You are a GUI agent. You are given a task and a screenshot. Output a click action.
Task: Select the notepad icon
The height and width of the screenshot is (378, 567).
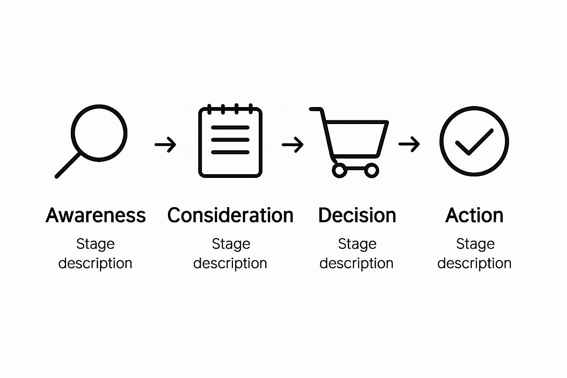(230, 142)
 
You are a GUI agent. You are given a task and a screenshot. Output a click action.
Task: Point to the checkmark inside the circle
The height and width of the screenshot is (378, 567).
(474, 142)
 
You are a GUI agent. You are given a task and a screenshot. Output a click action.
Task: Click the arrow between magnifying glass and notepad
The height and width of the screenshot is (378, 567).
(165, 144)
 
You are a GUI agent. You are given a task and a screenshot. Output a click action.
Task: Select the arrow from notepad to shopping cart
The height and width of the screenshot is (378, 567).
(293, 144)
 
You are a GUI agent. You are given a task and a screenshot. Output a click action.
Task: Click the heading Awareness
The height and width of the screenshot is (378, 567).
(96, 215)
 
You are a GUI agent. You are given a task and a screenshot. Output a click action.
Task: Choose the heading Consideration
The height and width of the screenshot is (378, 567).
(230, 215)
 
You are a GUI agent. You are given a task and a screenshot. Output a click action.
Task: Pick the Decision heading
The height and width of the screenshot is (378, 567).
(357, 215)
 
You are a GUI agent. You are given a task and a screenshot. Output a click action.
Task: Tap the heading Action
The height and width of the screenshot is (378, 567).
(474, 215)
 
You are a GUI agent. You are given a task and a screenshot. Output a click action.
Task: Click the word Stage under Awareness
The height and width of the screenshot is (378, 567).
(96, 244)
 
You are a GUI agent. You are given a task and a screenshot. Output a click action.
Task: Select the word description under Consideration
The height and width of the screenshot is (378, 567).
(230, 263)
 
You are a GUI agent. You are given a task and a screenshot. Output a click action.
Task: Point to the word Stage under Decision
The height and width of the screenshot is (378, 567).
(357, 244)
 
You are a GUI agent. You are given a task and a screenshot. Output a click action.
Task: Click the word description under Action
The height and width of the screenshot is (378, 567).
(474, 263)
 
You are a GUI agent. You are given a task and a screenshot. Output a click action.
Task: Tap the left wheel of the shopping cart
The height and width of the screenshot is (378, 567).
(339, 171)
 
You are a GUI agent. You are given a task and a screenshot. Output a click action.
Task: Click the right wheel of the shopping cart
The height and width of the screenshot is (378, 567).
(372, 171)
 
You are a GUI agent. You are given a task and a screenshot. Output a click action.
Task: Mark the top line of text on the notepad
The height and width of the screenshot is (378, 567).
(230, 128)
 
